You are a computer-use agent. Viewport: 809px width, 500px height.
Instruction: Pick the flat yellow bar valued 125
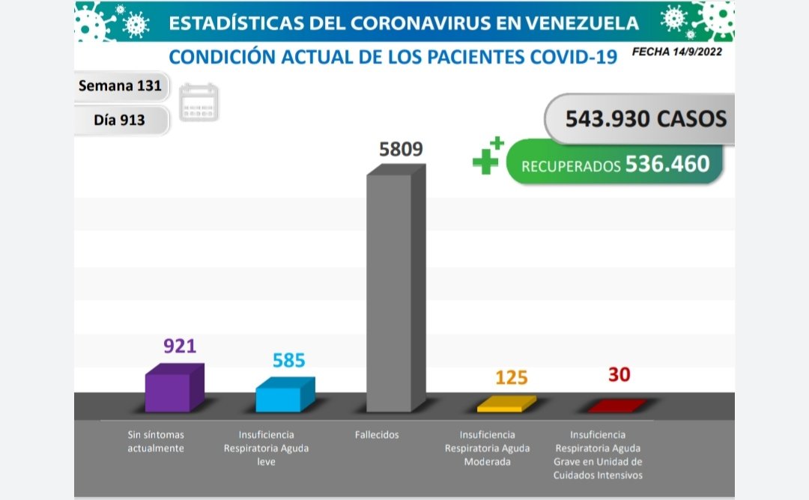coord(506,405)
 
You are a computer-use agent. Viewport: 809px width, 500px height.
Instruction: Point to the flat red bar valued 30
coord(616,406)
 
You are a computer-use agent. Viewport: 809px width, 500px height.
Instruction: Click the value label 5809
coord(402,149)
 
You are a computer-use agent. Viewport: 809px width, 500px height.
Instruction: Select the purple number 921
coord(180,346)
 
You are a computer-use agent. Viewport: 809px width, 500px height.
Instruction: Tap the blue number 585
coord(289,361)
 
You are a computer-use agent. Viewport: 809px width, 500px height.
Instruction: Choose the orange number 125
coord(512,377)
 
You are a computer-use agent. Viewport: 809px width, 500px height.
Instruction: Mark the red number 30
coord(619,374)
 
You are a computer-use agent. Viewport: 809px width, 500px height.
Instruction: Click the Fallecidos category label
coord(378,435)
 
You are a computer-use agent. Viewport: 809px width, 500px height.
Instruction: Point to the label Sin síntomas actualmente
coord(155,442)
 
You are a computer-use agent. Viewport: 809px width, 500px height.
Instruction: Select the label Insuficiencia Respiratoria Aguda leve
coord(266,448)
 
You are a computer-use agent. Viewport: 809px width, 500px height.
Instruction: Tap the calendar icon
coord(199,103)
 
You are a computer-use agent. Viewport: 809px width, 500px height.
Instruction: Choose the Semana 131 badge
coord(120,86)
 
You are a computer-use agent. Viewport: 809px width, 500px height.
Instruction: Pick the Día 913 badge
coord(120,119)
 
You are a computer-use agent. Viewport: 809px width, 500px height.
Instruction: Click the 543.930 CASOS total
coord(646,118)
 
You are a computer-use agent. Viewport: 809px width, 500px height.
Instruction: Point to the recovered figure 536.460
coord(667,164)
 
